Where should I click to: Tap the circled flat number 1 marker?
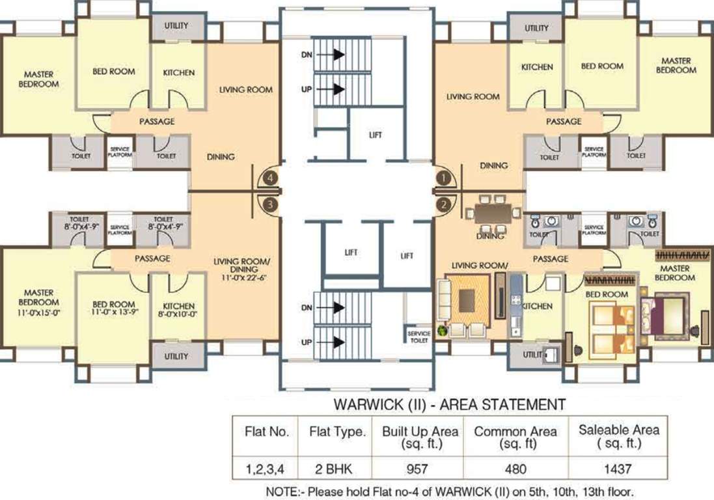(x=443, y=176)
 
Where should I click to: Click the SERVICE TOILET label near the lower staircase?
(x=419, y=337)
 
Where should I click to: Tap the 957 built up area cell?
(x=416, y=468)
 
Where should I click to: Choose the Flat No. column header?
(x=264, y=432)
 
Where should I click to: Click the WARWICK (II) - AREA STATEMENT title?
(x=449, y=404)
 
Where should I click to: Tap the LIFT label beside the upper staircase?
(x=376, y=135)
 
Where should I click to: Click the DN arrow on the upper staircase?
(x=338, y=56)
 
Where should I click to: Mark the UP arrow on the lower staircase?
(x=338, y=341)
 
